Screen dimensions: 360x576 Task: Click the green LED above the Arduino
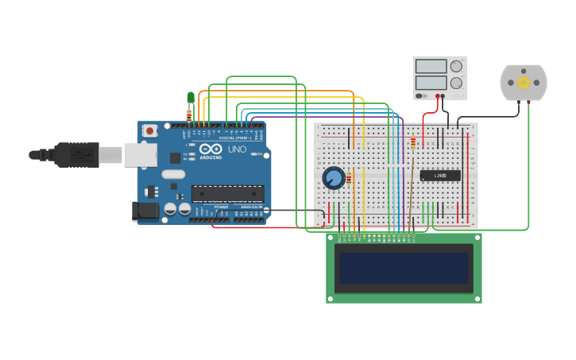coord(191,97)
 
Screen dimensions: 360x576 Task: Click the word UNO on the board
coord(237,149)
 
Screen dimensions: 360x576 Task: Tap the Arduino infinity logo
coord(211,149)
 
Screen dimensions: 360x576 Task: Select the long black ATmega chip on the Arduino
coord(228,193)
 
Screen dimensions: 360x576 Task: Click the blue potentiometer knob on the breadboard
coord(334,178)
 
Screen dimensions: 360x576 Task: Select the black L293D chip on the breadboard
coord(440,176)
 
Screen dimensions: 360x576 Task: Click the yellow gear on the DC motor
coord(523,82)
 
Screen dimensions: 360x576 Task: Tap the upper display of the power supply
coord(431,67)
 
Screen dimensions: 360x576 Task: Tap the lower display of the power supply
coord(431,83)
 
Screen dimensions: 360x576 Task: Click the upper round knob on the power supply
coord(456,67)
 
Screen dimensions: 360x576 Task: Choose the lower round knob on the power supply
coord(456,83)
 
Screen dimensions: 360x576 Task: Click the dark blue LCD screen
coord(404,268)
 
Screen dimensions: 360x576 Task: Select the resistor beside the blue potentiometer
coord(349,178)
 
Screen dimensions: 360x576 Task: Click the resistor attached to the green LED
coord(189,115)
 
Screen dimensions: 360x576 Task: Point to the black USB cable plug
coord(75,154)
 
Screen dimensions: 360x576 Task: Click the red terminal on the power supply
coord(437,95)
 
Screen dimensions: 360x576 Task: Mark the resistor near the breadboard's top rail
coord(413,143)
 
